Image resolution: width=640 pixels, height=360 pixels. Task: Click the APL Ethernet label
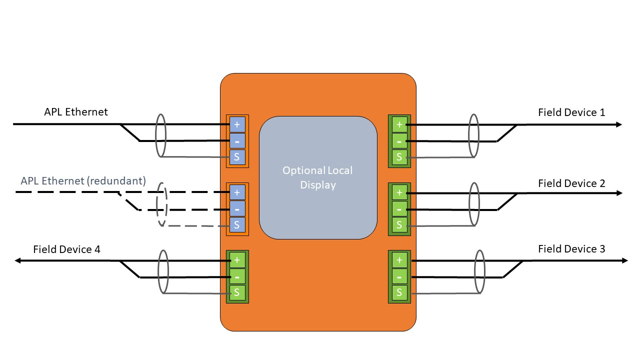[x=75, y=112]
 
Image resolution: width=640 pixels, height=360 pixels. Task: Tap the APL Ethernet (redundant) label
[x=83, y=181]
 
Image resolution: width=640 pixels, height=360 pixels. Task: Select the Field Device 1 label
[x=571, y=112]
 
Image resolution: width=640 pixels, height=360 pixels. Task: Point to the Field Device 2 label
[x=571, y=183]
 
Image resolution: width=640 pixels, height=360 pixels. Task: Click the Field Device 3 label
[x=571, y=249]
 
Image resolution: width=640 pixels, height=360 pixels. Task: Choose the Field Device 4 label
[x=66, y=249]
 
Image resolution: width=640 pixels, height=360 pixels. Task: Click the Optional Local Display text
[x=317, y=177]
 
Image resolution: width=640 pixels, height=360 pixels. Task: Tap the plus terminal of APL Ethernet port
[x=237, y=124]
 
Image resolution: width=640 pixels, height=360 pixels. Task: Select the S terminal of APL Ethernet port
[x=237, y=157]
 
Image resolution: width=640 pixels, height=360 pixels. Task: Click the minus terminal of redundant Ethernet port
[x=237, y=209]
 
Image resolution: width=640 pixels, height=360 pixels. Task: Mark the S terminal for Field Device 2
[x=399, y=225]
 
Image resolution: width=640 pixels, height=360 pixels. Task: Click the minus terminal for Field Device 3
[x=399, y=276]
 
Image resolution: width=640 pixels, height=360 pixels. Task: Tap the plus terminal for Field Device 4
[x=237, y=260]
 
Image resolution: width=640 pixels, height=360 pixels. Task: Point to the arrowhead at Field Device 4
[x=18, y=260]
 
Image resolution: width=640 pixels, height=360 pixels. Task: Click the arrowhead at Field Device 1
[x=619, y=124]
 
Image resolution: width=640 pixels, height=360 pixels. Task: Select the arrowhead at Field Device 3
[x=624, y=260]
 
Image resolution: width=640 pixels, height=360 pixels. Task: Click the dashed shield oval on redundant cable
[x=161, y=205]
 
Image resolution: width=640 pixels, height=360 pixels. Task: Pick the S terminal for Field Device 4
[x=237, y=292]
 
